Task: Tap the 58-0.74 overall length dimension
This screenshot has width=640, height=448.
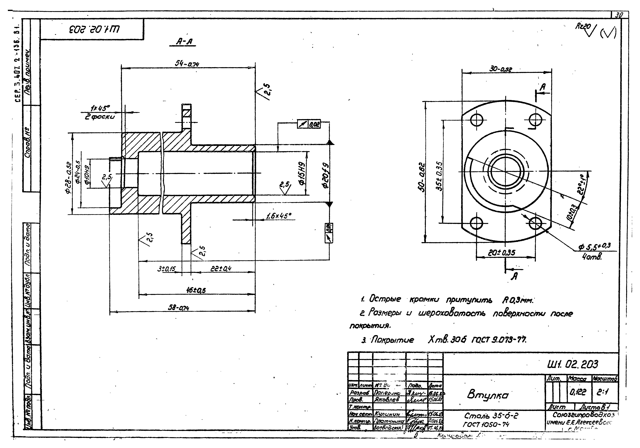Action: click(178, 308)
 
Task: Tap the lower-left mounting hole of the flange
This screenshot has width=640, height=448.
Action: click(477, 223)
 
